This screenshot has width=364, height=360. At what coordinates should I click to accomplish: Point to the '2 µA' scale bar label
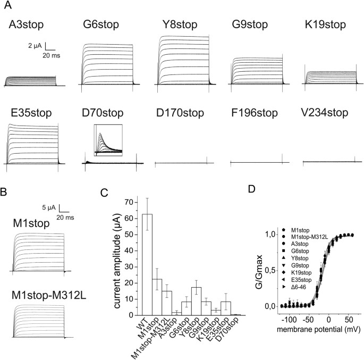[x=35, y=46]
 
